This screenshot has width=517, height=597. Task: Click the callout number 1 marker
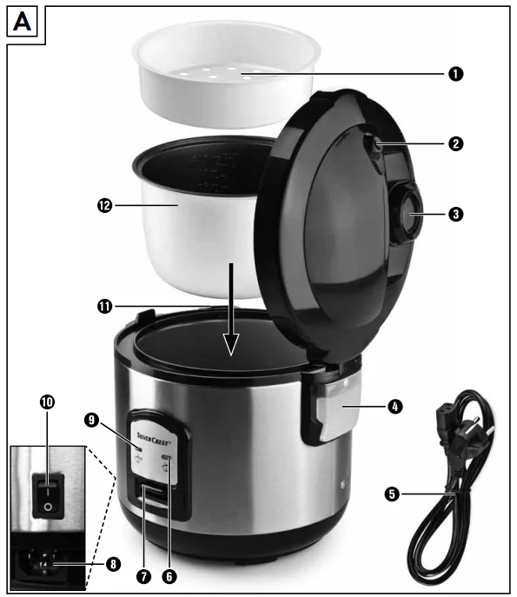point(454,74)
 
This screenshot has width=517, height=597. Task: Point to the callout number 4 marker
point(395,405)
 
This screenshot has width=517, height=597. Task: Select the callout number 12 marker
point(103,206)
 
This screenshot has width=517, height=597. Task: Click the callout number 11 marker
point(103,305)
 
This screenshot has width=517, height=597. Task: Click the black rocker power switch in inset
point(47,492)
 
